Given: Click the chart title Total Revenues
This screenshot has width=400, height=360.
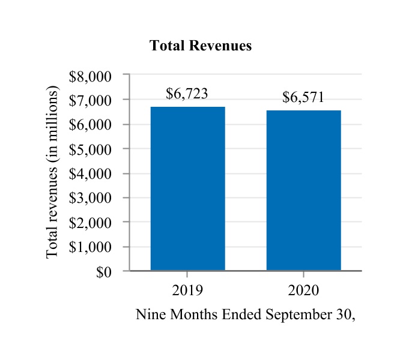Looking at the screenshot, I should point(201,46).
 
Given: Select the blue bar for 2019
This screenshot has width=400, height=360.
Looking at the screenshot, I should point(187,188).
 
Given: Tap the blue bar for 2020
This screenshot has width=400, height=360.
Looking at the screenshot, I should point(304,190).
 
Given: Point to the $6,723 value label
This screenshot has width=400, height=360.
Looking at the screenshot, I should point(187,94).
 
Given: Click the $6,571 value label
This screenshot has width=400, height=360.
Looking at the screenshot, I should point(303,98).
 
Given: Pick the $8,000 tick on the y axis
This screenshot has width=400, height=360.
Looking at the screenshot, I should point(91,76).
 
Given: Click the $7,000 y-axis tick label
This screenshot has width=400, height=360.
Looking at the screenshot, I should point(91,100).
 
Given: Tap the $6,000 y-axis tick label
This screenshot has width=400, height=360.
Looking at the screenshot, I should point(91,125).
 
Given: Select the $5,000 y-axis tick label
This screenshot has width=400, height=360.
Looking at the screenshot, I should point(91,149).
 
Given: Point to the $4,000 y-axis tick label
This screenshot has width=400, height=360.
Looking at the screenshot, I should point(91,174).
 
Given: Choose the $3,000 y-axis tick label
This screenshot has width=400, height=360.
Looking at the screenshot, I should point(91,198).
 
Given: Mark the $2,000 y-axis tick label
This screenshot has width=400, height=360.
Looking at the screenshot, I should point(91,223).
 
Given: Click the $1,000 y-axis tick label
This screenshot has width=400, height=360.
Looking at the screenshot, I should point(91,247).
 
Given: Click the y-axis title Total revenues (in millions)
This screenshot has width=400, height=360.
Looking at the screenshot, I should point(53,173).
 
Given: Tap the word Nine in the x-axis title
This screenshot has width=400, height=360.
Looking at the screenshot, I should point(148,315).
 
